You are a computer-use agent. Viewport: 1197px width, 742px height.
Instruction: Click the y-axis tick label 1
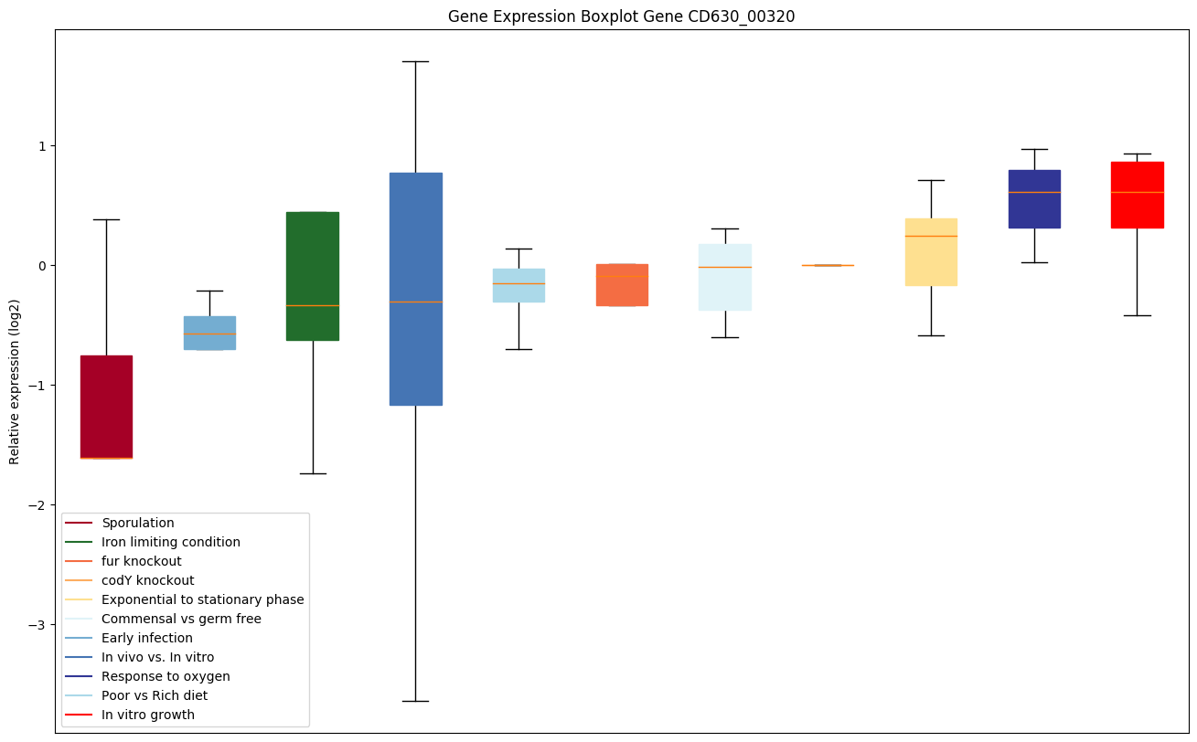coord(42,146)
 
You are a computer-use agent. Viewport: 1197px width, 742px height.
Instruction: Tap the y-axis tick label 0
coord(42,266)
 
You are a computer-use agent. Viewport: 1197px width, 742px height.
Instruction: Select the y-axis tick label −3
coord(37,625)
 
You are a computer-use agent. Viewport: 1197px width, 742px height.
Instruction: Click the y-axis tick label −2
coord(37,505)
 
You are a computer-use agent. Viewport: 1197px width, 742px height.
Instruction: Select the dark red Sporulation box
coord(106,407)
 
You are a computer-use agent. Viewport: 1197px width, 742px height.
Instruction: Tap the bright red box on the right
coord(1137,195)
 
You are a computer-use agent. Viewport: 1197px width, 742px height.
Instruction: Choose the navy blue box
coord(1034,198)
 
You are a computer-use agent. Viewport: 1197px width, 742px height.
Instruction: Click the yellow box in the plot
coord(931,251)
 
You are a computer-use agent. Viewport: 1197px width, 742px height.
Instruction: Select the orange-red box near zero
coord(622,284)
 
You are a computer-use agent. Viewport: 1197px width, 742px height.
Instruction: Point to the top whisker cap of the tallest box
coord(416,61)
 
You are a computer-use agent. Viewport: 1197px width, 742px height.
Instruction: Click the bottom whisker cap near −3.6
coord(416,701)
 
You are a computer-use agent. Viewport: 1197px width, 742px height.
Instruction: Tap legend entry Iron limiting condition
coord(171,542)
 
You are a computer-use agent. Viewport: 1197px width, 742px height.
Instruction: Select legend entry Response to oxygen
coord(166,676)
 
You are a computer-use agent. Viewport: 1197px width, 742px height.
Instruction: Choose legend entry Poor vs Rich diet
coord(155,695)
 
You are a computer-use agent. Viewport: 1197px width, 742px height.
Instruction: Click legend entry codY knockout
coord(148,580)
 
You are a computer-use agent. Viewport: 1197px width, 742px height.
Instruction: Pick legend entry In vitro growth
coord(148,715)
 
